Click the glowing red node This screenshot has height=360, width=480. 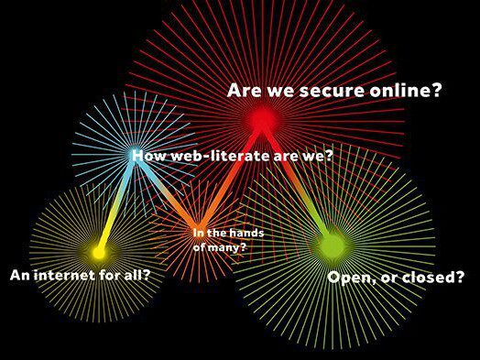point(262,119)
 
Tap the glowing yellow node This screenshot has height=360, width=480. point(98,253)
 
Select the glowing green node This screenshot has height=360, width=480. point(333,246)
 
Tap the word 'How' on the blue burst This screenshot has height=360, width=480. point(149,156)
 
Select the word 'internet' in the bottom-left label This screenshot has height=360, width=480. point(64,275)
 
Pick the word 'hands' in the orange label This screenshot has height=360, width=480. point(246,233)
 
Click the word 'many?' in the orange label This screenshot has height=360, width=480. point(227,247)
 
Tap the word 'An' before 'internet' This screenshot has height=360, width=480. point(20,275)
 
